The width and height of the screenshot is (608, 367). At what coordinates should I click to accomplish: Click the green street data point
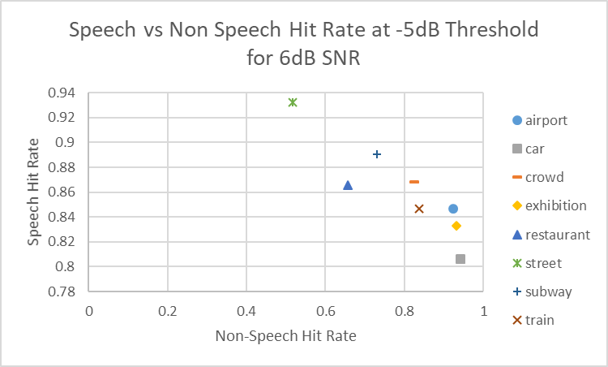pyautogui.click(x=293, y=102)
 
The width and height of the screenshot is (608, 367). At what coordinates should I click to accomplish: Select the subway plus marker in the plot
pyautogui.click(x=377, y=154)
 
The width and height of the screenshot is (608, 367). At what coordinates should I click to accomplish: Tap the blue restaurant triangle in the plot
pyautogui.click(x=348, y=185)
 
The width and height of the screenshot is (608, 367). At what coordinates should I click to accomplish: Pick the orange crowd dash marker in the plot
pyautogui.click(x=414, y=182)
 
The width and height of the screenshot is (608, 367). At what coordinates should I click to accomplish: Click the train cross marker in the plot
pyautogui.click(x=419, y=209)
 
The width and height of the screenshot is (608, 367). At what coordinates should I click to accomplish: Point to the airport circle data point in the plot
pyautogui.click(x=453, y=209)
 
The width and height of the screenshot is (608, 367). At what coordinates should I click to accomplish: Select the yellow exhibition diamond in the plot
pyautogui.click(x=456, y=226)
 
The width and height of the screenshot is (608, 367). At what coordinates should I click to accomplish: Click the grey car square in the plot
pyautogui.click(x=460, y=259)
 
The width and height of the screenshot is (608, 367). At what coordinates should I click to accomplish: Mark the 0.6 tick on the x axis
pyautogui.click(x=326, y=311)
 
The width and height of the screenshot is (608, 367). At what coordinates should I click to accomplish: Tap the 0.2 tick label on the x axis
pyautogui.click(x=168, y=311)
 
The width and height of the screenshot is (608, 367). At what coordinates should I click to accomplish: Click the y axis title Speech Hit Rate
pyautogui.click(x=34, y=192)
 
